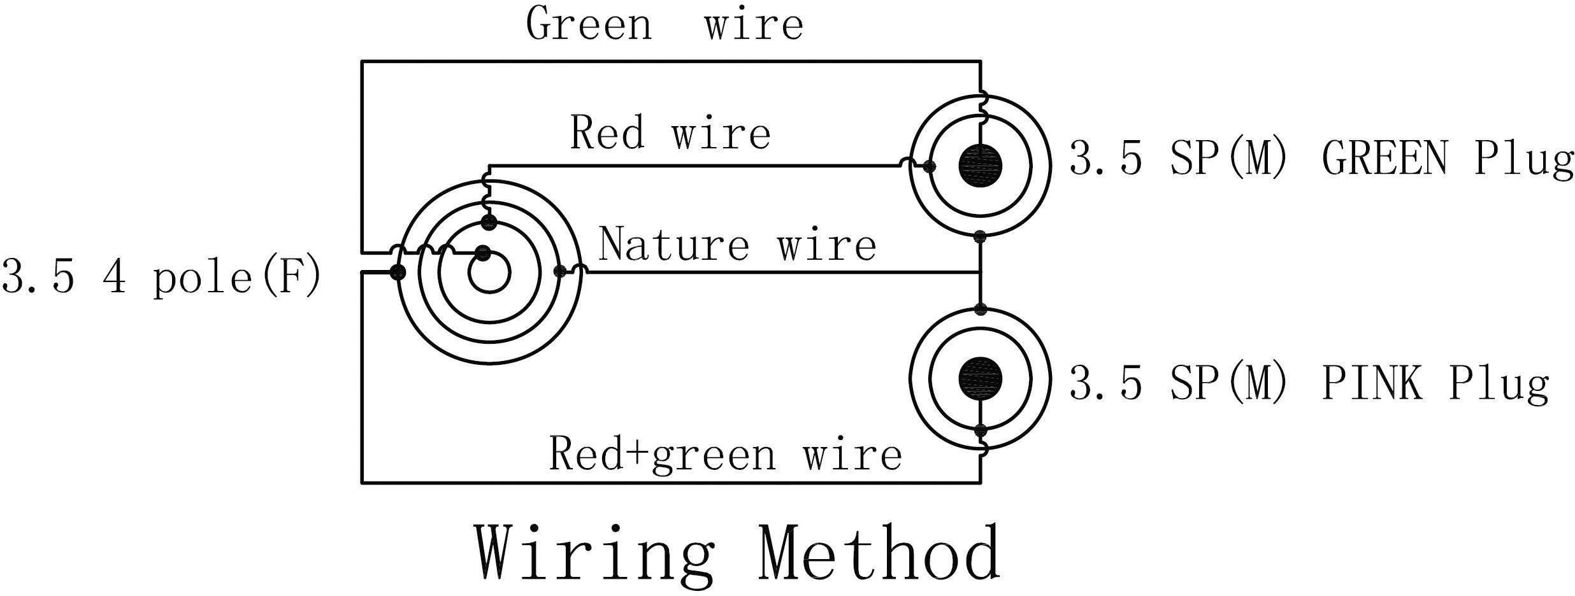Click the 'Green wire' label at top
(664, 24)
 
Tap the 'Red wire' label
(670, 133)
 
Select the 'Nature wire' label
(737, 245)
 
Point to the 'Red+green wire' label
(725, 455)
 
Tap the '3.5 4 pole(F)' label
(161, 278)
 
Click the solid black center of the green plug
(980, 166)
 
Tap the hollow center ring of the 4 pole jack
(489, 273)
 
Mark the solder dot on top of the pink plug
(981, 309)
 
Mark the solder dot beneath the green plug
(981, 237)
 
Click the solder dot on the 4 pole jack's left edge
(398, 273)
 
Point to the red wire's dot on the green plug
(930, 167)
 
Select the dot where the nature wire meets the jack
(561, 273)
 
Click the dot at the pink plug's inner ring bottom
(981, 429)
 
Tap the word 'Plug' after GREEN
(1523, 158)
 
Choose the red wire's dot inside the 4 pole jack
(489, 222)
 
